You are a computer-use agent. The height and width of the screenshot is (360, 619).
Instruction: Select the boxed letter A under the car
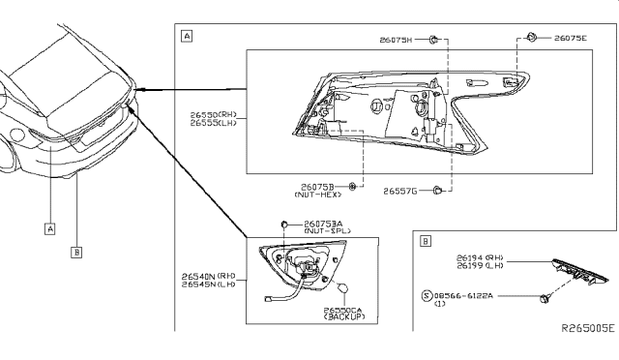(48, 228)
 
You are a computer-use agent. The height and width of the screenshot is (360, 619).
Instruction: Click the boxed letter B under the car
(76, 253)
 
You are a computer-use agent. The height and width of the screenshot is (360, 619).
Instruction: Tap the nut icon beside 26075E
(532, 38)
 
